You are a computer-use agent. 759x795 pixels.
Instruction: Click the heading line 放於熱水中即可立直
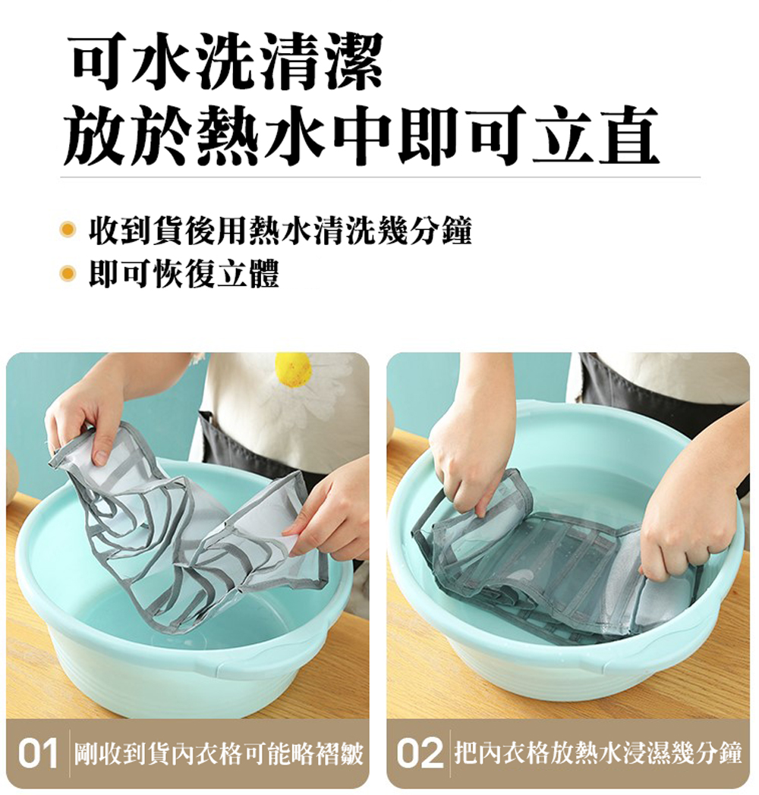pos(361,135)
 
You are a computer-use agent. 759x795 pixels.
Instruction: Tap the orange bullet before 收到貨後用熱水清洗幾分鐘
pos(67,230)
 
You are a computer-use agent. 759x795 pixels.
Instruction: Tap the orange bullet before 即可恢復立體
pos(67,275)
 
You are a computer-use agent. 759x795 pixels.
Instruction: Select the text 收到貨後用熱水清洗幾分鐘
pos(281,231)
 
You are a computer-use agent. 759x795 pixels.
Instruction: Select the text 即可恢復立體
pos(184,275)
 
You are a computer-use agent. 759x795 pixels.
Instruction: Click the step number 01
pos(37,754)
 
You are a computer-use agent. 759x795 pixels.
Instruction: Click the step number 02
pos(419,754)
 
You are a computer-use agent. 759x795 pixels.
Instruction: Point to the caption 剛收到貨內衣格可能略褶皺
pos(219,754)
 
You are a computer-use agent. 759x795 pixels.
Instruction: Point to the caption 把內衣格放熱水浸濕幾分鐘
pos(598,754)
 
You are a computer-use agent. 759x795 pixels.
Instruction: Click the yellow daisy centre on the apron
pos(293,369)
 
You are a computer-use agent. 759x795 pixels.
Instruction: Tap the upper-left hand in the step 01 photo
pos(87,410)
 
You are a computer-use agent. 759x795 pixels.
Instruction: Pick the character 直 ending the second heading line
pos(628,135)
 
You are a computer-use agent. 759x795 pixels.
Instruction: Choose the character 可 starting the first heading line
pos(102,62)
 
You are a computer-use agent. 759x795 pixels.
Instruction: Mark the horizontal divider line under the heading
pos(380,178)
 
